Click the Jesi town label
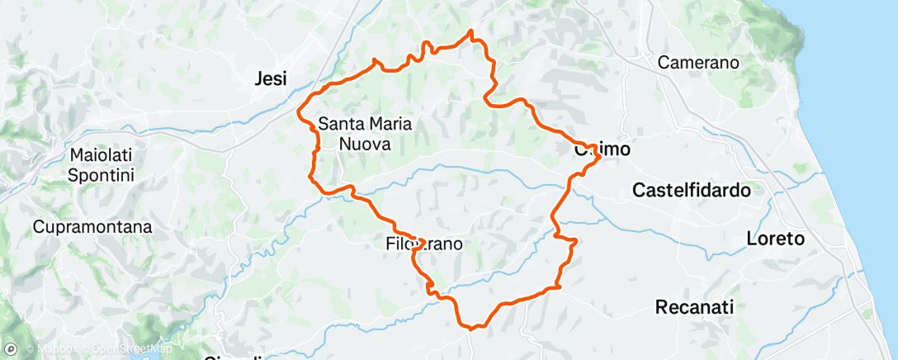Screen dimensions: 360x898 [272, 80]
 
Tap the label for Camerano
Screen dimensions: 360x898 [698, 63]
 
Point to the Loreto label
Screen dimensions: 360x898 [774, 239]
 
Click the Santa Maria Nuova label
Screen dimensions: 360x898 [365, 135]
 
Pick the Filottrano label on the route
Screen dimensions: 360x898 [424, 244]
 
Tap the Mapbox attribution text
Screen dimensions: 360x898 [57, 349]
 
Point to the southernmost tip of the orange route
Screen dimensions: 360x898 [471, 328]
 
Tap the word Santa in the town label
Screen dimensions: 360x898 [338, 125]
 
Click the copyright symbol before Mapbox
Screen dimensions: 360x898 [30, 349]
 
